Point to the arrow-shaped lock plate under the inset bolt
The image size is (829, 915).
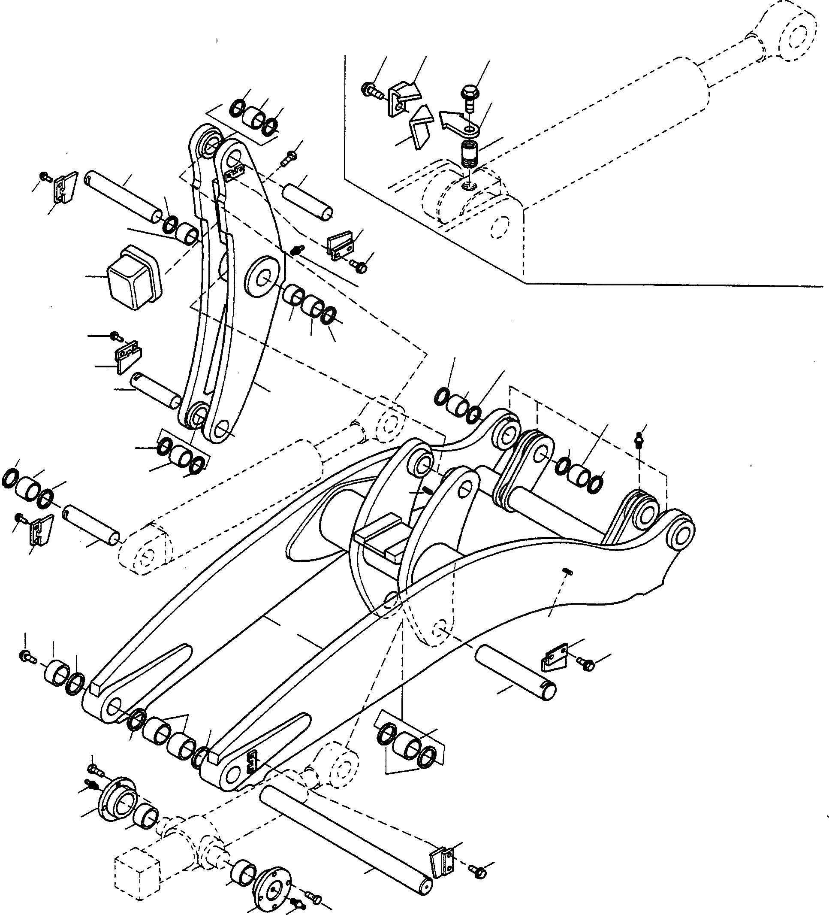(459, 125)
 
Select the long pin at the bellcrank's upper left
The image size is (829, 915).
(124, 195)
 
